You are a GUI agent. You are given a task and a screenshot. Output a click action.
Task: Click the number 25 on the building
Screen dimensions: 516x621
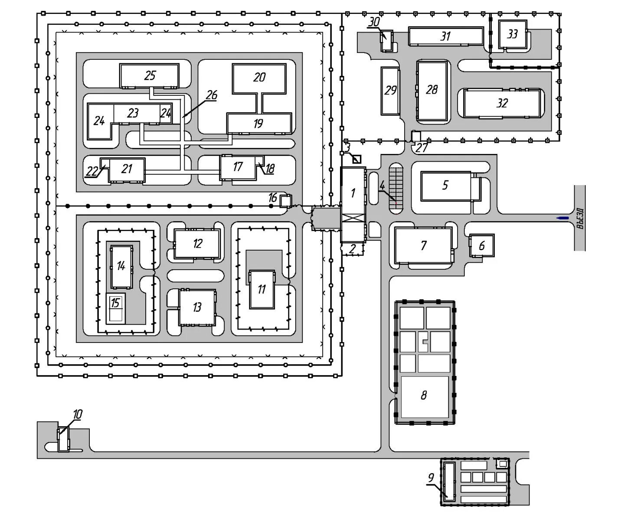pyautogui.click(x=150, y=75)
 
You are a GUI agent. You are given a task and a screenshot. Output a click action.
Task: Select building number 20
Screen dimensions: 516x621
pyautogui.click(x=259, y=78)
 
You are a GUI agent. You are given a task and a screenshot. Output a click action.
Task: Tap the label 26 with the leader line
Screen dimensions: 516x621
pyautogui.click(x=212, y=95)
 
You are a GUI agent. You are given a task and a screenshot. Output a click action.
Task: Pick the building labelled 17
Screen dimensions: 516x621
pyautogui.click(x=237, y=167)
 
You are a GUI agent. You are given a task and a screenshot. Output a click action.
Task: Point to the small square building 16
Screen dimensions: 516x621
pyautogui.click(x=285, y=201)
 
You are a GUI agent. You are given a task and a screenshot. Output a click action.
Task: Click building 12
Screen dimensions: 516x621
pyautogui.click(x=197, y=244)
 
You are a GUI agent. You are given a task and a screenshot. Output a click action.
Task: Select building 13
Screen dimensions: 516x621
pyautogui.click(x=197, y=307)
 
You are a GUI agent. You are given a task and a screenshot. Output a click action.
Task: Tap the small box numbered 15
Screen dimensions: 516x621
pyautogui.click(x=115, y=307)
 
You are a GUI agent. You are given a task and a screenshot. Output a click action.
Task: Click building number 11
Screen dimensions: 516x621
pyautogui.click(x=261, y=289)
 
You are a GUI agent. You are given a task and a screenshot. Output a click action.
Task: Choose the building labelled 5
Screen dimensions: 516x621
pyautogui.click(x=445, y=186)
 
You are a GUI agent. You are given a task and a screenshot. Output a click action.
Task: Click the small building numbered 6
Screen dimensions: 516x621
pyautogui.click(x=482, y=245)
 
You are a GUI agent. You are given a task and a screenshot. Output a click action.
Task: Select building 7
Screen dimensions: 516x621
pyautogui.click(x=423, y=246)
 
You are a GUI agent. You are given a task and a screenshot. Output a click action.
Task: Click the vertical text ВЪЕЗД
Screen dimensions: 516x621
pyautogui.click(x=580, y=218)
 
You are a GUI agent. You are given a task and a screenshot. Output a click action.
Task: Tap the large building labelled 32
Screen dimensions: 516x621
pyautogui.click(x=502, y=103)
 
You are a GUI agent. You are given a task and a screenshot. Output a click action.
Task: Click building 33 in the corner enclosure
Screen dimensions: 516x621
pyautogui.click(x=513, y=34)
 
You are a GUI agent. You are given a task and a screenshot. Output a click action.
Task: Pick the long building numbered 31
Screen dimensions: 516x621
pyautogui.click(x=445, y=36)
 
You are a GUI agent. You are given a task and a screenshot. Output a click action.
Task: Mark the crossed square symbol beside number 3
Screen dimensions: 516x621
pyautogui.click(x=356, y=159)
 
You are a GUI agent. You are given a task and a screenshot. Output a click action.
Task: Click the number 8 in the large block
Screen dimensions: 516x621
pyautogui.click(x=424, y=395)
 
